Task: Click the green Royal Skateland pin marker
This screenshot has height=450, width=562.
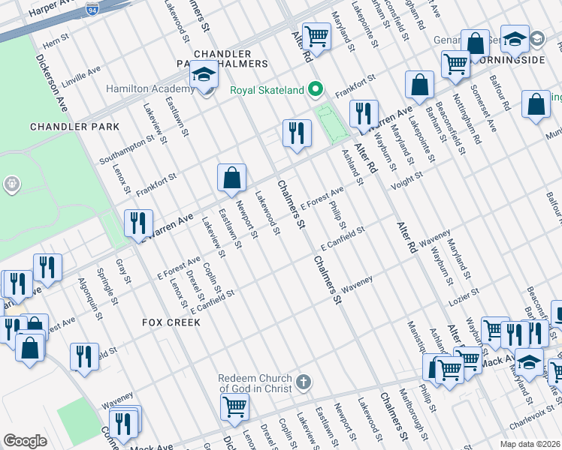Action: (x=316, y=90)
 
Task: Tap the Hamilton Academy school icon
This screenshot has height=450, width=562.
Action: (x=204, y=76)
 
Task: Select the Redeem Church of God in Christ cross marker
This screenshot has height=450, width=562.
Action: (x=303, y=382)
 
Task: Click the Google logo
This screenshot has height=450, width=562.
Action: (x=25, y=441)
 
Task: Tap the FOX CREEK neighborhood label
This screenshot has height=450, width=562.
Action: (x=171, y=322)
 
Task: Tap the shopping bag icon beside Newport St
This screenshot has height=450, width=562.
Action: (x=232, y=178)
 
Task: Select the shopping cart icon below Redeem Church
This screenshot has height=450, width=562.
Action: (x=234, y=407)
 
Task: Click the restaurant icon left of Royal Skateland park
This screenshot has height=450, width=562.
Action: (x=297, y=133)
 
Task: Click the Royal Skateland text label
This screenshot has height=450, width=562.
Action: (x=267, y=91)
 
